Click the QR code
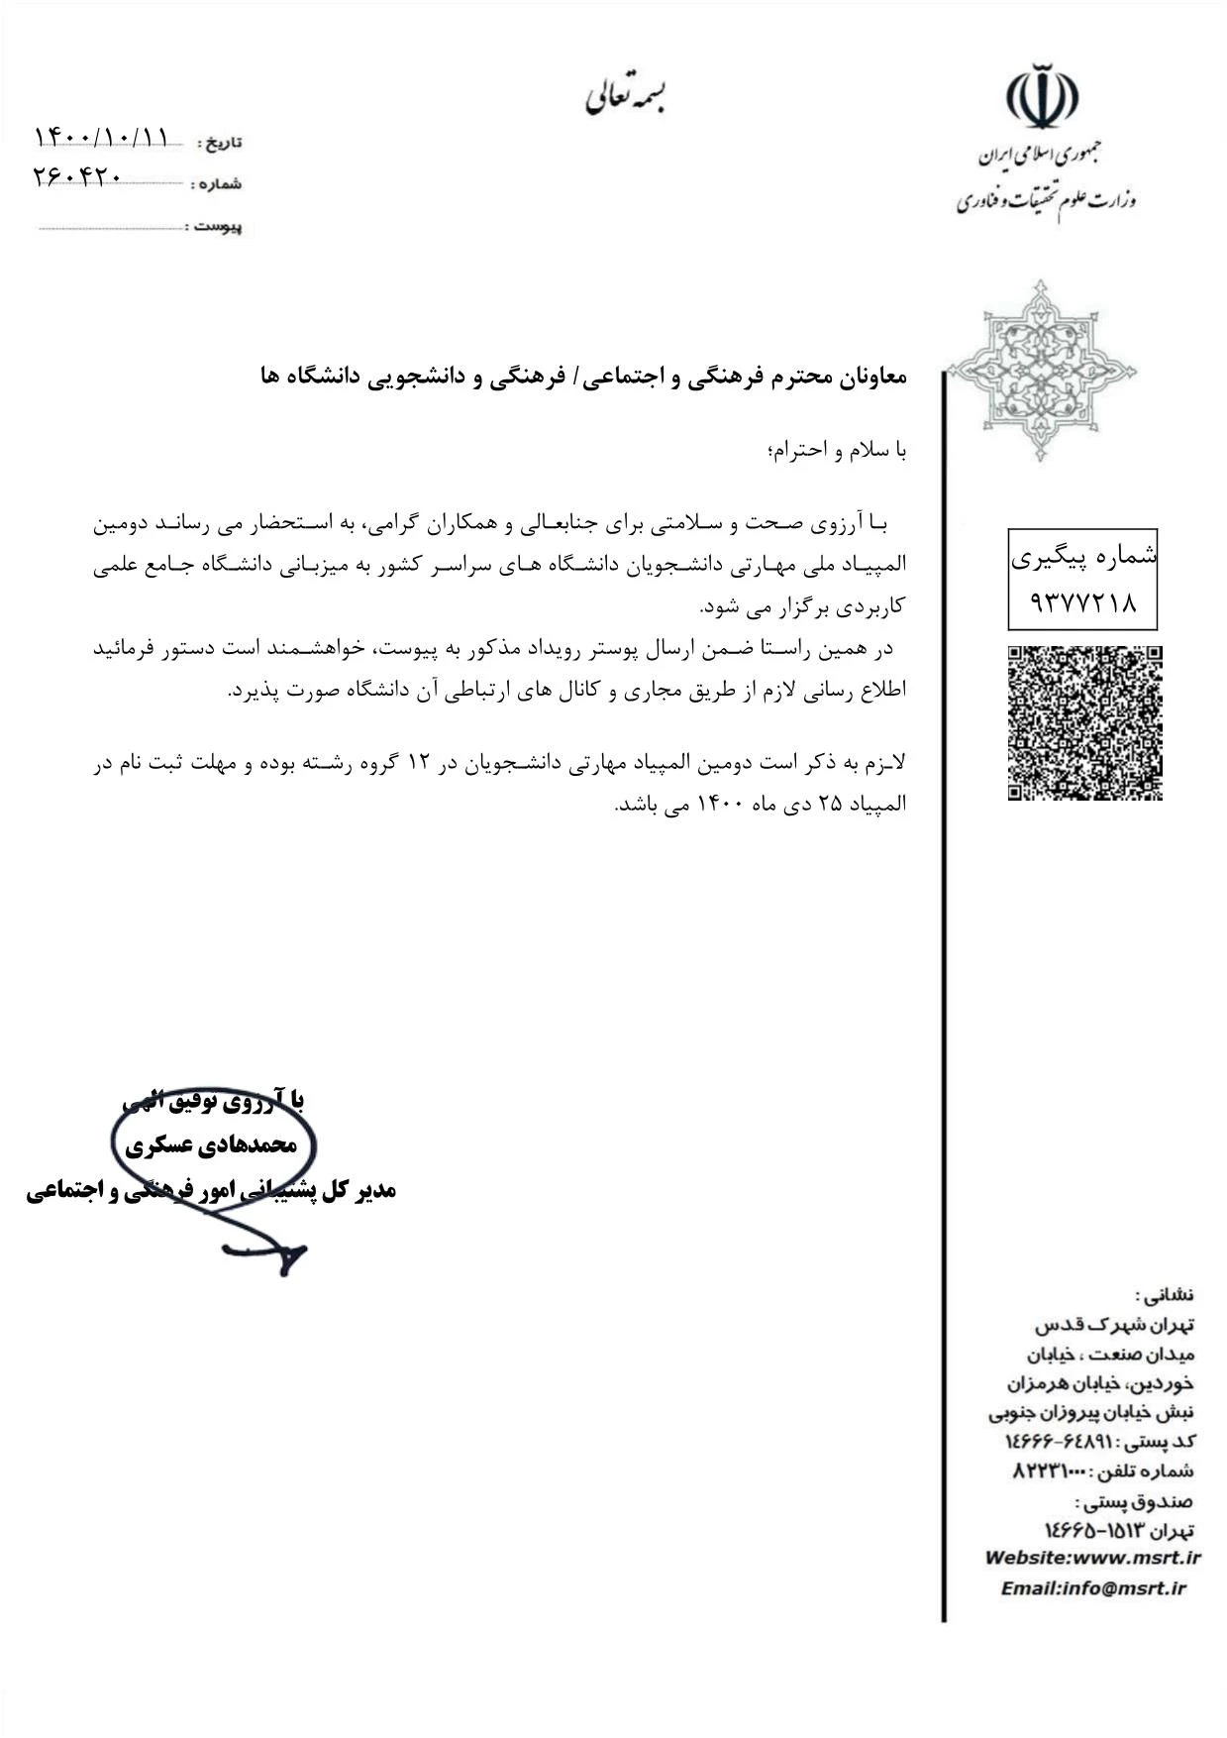pos(1084,722)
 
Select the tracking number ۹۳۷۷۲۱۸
pos(1083,601)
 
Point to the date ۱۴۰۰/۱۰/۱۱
pos(103,137)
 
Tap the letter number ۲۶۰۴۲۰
pos(77,176)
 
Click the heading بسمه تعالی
pos(626,97)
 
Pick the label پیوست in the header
pos(217,227)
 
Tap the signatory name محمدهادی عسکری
pos(211,1145)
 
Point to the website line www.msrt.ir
pos(1092,1558)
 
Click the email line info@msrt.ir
pos(1092,1588)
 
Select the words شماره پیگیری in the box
pos(1083,558)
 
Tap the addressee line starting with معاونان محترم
pos(583,377)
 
